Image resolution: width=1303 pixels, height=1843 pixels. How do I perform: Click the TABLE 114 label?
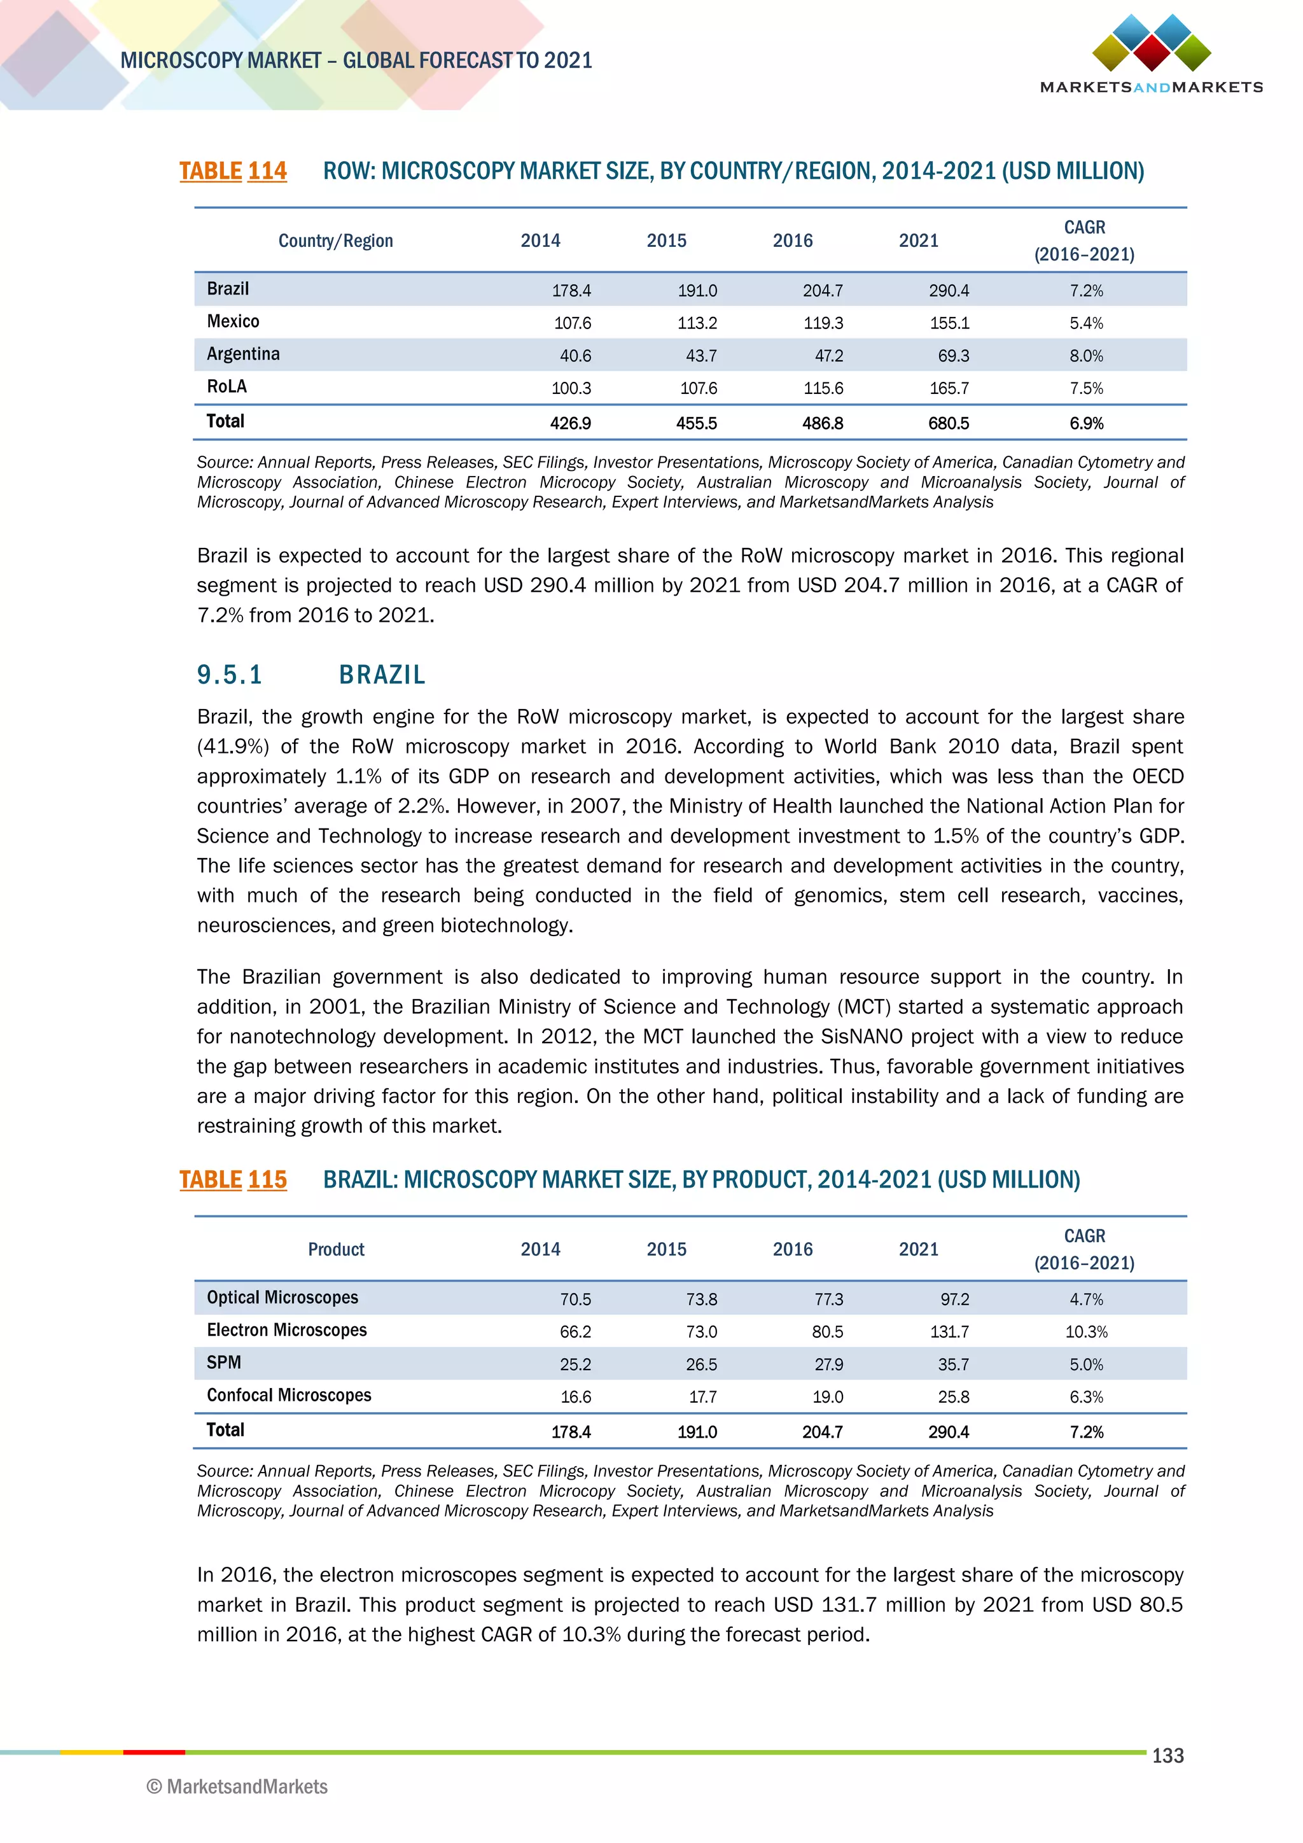pos(233,171)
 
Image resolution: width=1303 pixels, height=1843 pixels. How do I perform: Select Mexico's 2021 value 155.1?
pos(949,323)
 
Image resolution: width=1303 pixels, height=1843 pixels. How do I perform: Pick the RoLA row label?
pos(227,387)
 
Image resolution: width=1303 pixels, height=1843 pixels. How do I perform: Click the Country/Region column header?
pos(335,241)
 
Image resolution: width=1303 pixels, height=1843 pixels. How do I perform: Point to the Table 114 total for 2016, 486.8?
pos(823,423)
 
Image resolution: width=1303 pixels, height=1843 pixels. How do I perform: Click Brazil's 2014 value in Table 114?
pos(571,291)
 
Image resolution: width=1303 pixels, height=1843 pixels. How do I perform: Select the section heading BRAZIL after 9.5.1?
pos(382,675)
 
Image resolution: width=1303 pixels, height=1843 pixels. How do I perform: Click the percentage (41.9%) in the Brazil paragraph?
pos(233,746)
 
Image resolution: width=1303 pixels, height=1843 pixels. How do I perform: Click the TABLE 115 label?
pos(233,1180)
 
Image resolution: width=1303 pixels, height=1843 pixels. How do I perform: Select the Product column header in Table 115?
pos(335,1249)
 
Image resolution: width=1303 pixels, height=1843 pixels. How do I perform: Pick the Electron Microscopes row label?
pos(286,1330)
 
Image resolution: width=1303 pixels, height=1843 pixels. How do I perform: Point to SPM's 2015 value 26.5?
pos(701,1364)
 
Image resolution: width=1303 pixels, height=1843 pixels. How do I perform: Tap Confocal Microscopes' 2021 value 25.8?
pos(953,1398)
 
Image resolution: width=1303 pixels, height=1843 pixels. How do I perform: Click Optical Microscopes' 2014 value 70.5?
pos(575,1300)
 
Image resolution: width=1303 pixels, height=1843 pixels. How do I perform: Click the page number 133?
pos(1167,1756)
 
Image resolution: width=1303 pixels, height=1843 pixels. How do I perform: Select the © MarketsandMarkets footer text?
pos(237,1787)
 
